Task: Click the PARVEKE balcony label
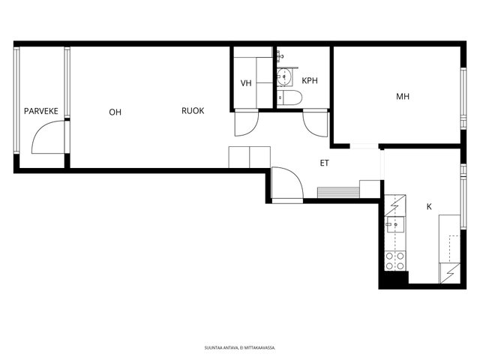(x=41, y=111)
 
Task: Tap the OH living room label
(x=115, y=112)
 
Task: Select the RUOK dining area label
(x=193, y=110)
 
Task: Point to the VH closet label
(x=246, y=83)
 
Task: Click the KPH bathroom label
(x=310, y=80)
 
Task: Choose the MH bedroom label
(x=403, y=97)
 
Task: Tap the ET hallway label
(x=325, y=163)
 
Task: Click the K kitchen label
(x=429, y=207)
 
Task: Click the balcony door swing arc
(x=43, y=128)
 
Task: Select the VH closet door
(x=247, y=123)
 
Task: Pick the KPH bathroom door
(x=316, y=123)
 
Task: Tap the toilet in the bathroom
(x=289, y=97)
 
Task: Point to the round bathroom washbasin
(x=283, y=76)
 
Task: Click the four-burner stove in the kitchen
(x=395, y=261)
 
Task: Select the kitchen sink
(x=394, y=224)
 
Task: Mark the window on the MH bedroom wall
(x=463, y=98)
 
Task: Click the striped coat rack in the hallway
(x=338, y=193)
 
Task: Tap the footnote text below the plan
(x=240, y=348)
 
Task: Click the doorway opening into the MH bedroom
(x=364, y=146)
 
